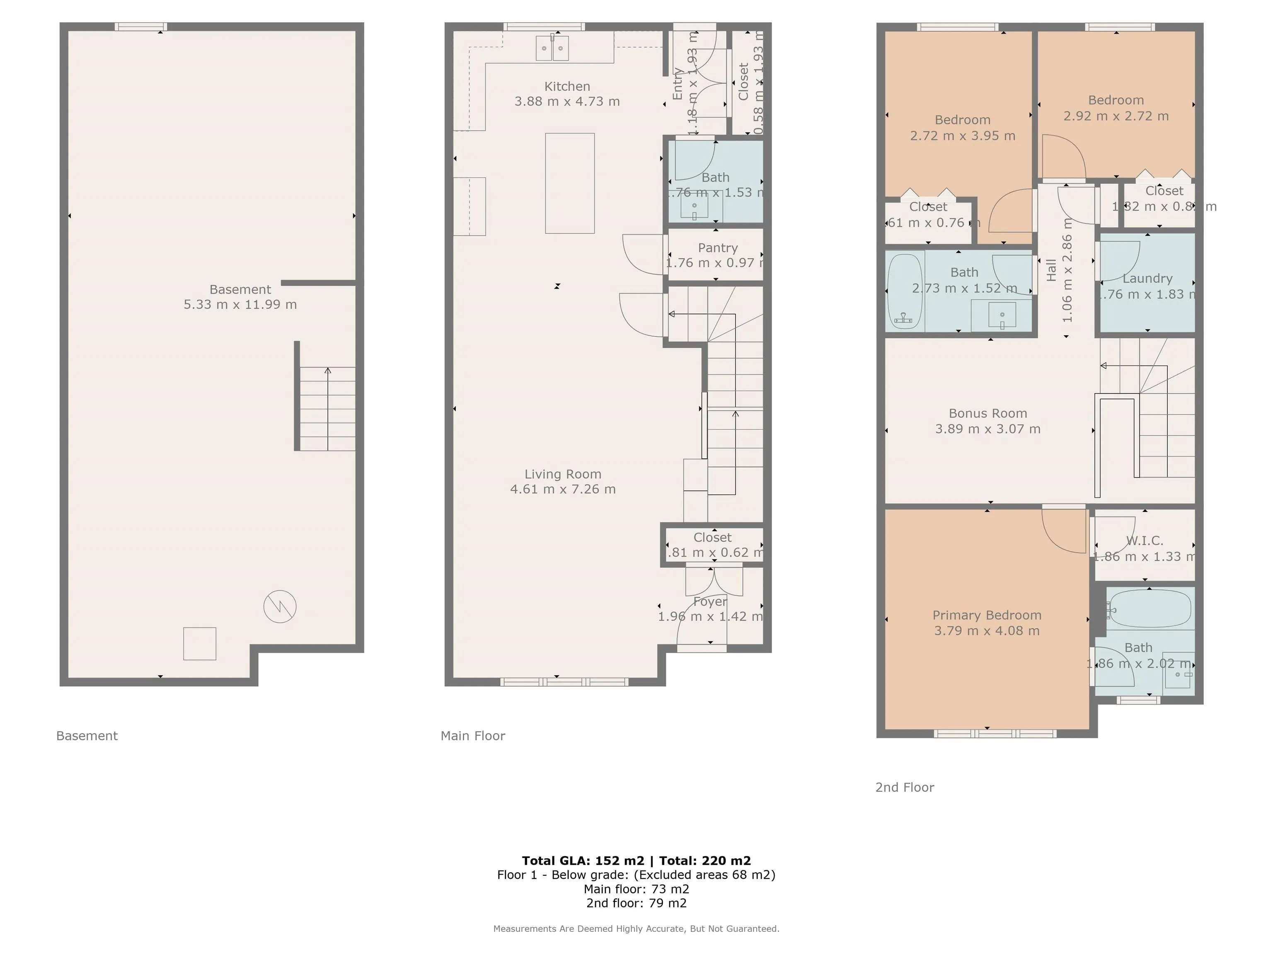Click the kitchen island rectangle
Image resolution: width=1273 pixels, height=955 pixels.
(x=569, y=183)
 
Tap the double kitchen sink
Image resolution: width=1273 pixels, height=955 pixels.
(x=552, y=48)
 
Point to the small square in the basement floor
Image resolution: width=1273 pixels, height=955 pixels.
(x=200, y=644)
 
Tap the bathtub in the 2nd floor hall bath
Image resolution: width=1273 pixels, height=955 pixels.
(x=904, y=292)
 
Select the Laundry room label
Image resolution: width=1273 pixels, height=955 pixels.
(x=1147, y=279)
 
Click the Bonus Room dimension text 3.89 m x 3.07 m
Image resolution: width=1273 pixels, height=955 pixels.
(x=987, y=429)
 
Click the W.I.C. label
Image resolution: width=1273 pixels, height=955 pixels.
(x=1144, y=541)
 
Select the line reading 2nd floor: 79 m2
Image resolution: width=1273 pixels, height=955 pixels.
(x=636, y=903)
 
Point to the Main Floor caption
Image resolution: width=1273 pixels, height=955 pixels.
(x=472, y=736)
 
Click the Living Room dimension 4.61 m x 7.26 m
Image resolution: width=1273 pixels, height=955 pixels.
(x=562, y=489)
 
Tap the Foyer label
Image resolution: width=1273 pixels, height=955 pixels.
(x=709, y=601)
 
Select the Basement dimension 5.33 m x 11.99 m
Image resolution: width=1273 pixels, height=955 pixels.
(x=240, y=305)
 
